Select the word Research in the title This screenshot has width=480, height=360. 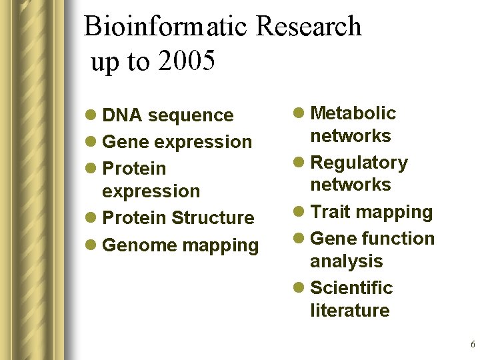tap(308, 27)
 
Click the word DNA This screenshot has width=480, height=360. tap(123, 115)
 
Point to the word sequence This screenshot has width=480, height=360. tap(191, 115)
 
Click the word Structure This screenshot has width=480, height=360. tap(213, 218)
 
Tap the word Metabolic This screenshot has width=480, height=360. tap(353, 113)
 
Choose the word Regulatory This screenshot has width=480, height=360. tap(359, 163)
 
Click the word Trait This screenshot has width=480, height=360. tap(331, 212)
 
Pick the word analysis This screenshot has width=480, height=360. tap(347, 261)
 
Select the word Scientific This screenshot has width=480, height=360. tap(352, 288)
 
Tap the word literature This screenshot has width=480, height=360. tap(350, 311)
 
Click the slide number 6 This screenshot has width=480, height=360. tap(473, 345)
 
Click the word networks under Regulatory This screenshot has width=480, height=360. tap(351, 185)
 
